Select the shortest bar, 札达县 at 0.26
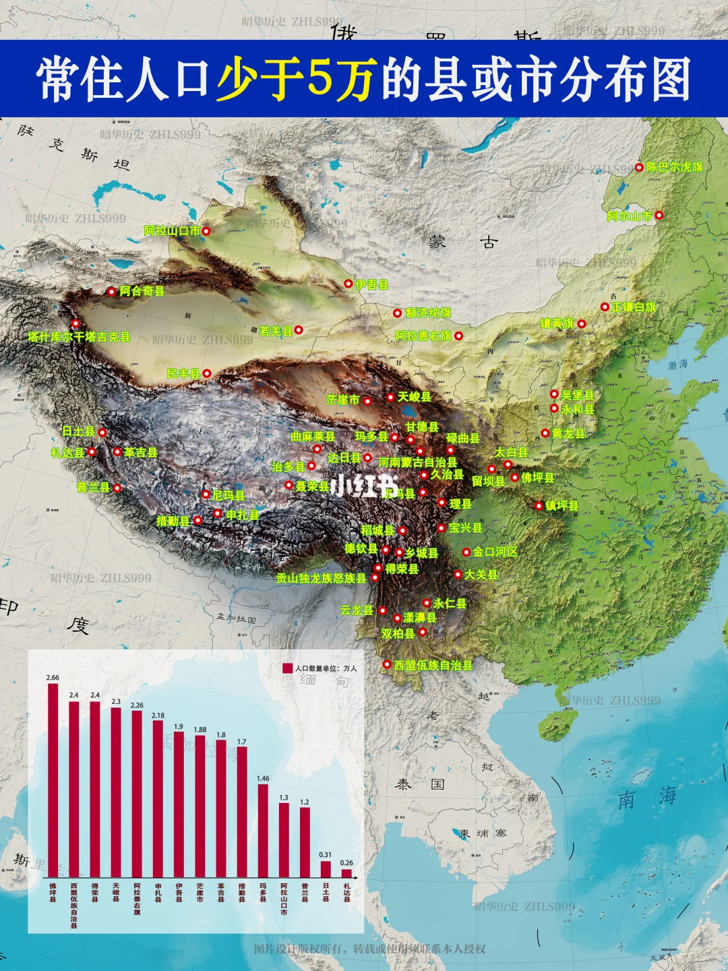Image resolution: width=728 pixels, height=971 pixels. click(x=346, y=873)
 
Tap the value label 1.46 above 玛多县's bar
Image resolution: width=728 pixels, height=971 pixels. click(x=263, y=778)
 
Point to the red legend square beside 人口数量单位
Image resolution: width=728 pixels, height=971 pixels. click(x=287, y=668)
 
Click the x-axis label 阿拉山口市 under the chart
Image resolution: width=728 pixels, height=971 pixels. click(x=284, y=899)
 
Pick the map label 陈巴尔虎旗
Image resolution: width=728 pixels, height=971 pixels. click(x=674, y=167)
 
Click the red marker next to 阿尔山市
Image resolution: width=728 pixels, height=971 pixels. click(x=659, y=215)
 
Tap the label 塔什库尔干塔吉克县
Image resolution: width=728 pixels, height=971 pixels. click(x=79, y=336)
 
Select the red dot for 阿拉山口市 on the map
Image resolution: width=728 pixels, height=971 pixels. click(x=206, y=231)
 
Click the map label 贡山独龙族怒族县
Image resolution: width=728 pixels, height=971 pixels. click(x=321, y=578)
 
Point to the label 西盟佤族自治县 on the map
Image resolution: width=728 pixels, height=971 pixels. click(x=433, y=665)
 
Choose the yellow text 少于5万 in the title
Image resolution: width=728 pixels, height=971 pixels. click(x=295, y=79)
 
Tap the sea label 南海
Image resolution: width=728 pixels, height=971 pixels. click(x=647, y=798)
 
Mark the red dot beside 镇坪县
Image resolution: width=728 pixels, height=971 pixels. click(x=539, y=506)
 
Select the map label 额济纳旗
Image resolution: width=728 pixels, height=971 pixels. click(x=428, y=313)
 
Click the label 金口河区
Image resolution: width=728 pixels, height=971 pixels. click(x=495, y=552)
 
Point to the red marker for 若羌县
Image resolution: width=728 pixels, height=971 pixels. click(x=298, y=330)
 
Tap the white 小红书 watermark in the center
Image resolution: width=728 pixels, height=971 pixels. click(x=364, y=486)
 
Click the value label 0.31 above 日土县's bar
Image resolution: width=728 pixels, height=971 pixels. click(x=326, y=854)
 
